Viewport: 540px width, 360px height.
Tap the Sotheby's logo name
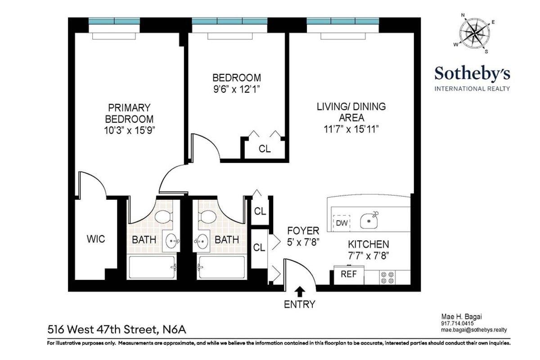click(472, 73)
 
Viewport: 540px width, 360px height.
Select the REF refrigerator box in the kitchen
click(349, 274)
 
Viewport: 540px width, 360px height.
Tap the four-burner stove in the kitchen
click(387, 277)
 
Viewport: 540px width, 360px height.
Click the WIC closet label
click(96, 239)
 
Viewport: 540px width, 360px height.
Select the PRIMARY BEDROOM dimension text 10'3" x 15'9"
click(129, 130)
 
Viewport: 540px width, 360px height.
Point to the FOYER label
click(303, 231)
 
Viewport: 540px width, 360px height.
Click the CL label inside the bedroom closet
click(265, 149)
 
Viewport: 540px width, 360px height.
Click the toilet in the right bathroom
click(208, 216)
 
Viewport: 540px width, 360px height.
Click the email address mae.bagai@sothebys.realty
click(473, 329)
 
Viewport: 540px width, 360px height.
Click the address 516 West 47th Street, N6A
click(117, 330)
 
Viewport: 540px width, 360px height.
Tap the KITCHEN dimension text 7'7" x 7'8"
click(368, 256)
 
